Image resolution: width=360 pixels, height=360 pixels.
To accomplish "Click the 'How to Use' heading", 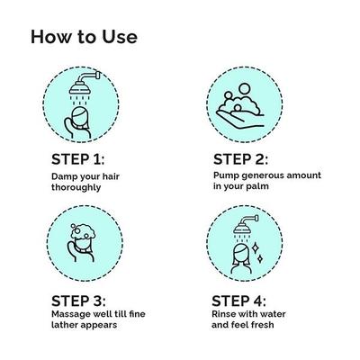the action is pyautogui.click(x=84, y=37).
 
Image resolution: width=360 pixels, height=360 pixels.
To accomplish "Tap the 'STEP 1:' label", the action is pyautogui.click(x=78, y=159).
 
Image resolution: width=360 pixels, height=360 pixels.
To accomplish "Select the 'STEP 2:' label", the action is pyautogui.click(x=240, y=159).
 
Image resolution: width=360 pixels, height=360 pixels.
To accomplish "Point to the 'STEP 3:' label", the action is pyautogui.click(x=78, y=301).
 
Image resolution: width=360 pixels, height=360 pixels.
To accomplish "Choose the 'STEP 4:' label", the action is pyautogui.click(x=238, y=301).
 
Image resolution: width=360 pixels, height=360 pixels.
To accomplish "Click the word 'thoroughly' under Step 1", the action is pyautogui.click(x=76, y=187).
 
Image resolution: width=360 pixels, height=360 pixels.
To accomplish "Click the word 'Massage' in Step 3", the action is pyautogui.click(x=71, y=315).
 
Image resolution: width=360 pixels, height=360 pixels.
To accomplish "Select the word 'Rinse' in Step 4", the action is pyautogui.click(x=222, y=314).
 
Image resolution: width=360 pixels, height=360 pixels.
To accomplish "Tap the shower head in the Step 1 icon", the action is pyautogui.click(x=79, y=88).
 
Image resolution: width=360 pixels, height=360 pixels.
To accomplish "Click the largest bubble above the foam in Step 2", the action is pyautogui.click(x=245, y=89).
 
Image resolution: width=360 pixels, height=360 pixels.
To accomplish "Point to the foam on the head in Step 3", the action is pyautogui.click(x=83, y=232).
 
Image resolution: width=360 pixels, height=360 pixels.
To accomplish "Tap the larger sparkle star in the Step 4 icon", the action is pyautogui.click(x=256, y=247).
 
